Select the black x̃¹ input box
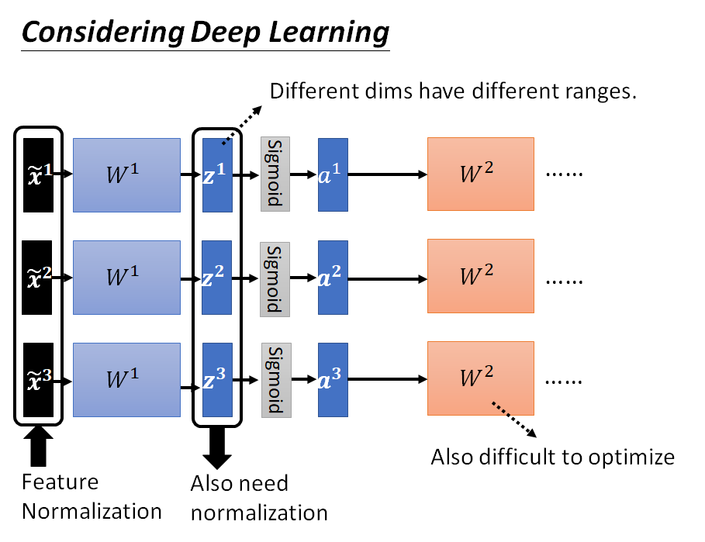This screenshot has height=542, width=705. tap(37, 174)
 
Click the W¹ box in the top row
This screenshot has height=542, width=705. tap(126, 174)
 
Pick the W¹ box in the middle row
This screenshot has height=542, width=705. tap(126, 277)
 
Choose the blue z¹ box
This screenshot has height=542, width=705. tap(217, 174)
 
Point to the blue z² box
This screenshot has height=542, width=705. tap(217, 277)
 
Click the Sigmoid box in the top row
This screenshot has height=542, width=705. tap(275, 174)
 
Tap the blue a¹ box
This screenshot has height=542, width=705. tap(333, 174)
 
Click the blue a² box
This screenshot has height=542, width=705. tap(333, 277)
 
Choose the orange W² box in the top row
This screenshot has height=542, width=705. tap(480, 174)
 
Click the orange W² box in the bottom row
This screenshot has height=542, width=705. tap(480, 378)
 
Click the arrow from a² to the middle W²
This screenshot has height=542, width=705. tap(388, 277)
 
